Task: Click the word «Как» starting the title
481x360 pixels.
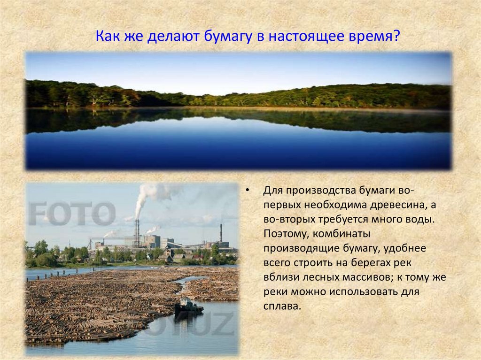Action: [109, 36]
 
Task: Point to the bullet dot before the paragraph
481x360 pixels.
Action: [248, 191]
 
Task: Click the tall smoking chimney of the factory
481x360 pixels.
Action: [137, 232]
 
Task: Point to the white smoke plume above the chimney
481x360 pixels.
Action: [149, 195]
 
